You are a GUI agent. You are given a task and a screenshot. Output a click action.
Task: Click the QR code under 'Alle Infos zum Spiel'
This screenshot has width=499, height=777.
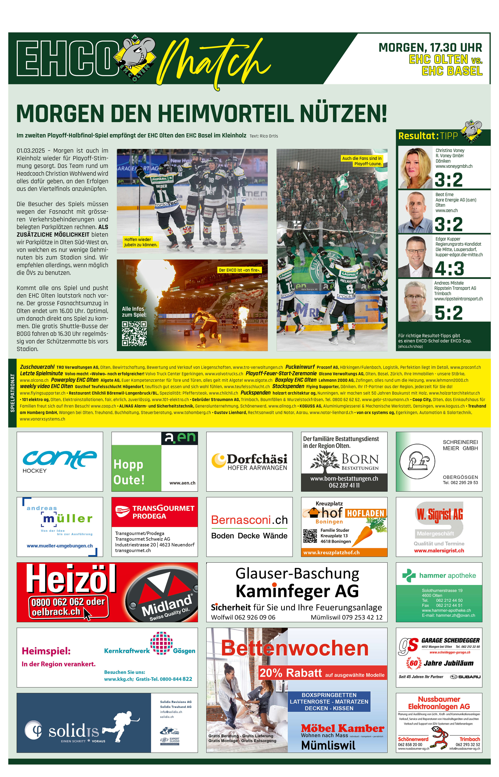(134, 334)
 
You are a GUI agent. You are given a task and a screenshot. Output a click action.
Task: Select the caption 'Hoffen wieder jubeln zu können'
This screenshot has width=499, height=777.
(141, 242)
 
